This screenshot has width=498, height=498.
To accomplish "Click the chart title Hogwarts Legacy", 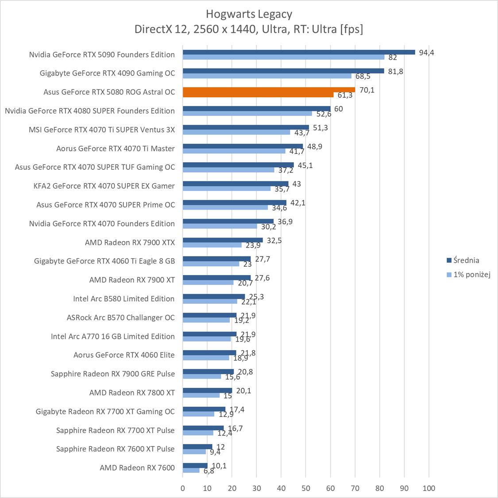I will click(249, 14).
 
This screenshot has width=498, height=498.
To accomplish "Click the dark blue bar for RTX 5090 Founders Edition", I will click(299, 52).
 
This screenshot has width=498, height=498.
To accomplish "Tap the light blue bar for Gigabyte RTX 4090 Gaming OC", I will click(267, 76).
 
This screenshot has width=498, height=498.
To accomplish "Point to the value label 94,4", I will click(427, 53).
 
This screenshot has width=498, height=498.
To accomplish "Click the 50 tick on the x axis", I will click(306, 488).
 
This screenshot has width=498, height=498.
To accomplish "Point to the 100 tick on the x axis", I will click(429, 488).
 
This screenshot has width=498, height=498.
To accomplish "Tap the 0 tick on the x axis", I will click(183, 488).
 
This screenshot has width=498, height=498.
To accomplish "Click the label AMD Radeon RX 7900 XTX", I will click(130, 242).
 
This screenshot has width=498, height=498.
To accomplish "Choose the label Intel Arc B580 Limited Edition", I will click(124, 299).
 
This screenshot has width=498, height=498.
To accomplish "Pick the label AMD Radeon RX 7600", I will click(137, 467).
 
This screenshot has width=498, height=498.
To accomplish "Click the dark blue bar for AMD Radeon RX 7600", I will click(195, 465).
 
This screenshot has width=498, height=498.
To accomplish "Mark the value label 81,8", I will click(395, 71).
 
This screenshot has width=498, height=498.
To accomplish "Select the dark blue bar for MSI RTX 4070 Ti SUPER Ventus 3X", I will click(246, 127).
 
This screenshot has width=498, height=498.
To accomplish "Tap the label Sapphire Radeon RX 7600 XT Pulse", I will click(116, 449).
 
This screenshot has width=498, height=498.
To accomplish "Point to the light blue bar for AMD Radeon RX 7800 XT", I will click(201, 395).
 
